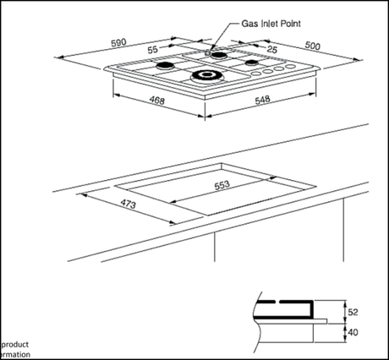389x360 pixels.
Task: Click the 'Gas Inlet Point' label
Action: [x=271, y=25]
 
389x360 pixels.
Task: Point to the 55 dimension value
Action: [x=153, y=51]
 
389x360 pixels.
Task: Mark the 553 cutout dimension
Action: [x=222, y=185]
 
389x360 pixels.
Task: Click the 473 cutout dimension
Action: [x=106, y=204]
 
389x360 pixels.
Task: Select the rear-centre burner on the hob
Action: [x=219, y=56]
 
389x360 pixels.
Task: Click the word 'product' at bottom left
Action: [x=16, y=345]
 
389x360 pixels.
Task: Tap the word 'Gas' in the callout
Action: [x=250, y=25]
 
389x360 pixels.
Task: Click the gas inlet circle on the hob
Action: [x=207, y=52]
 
